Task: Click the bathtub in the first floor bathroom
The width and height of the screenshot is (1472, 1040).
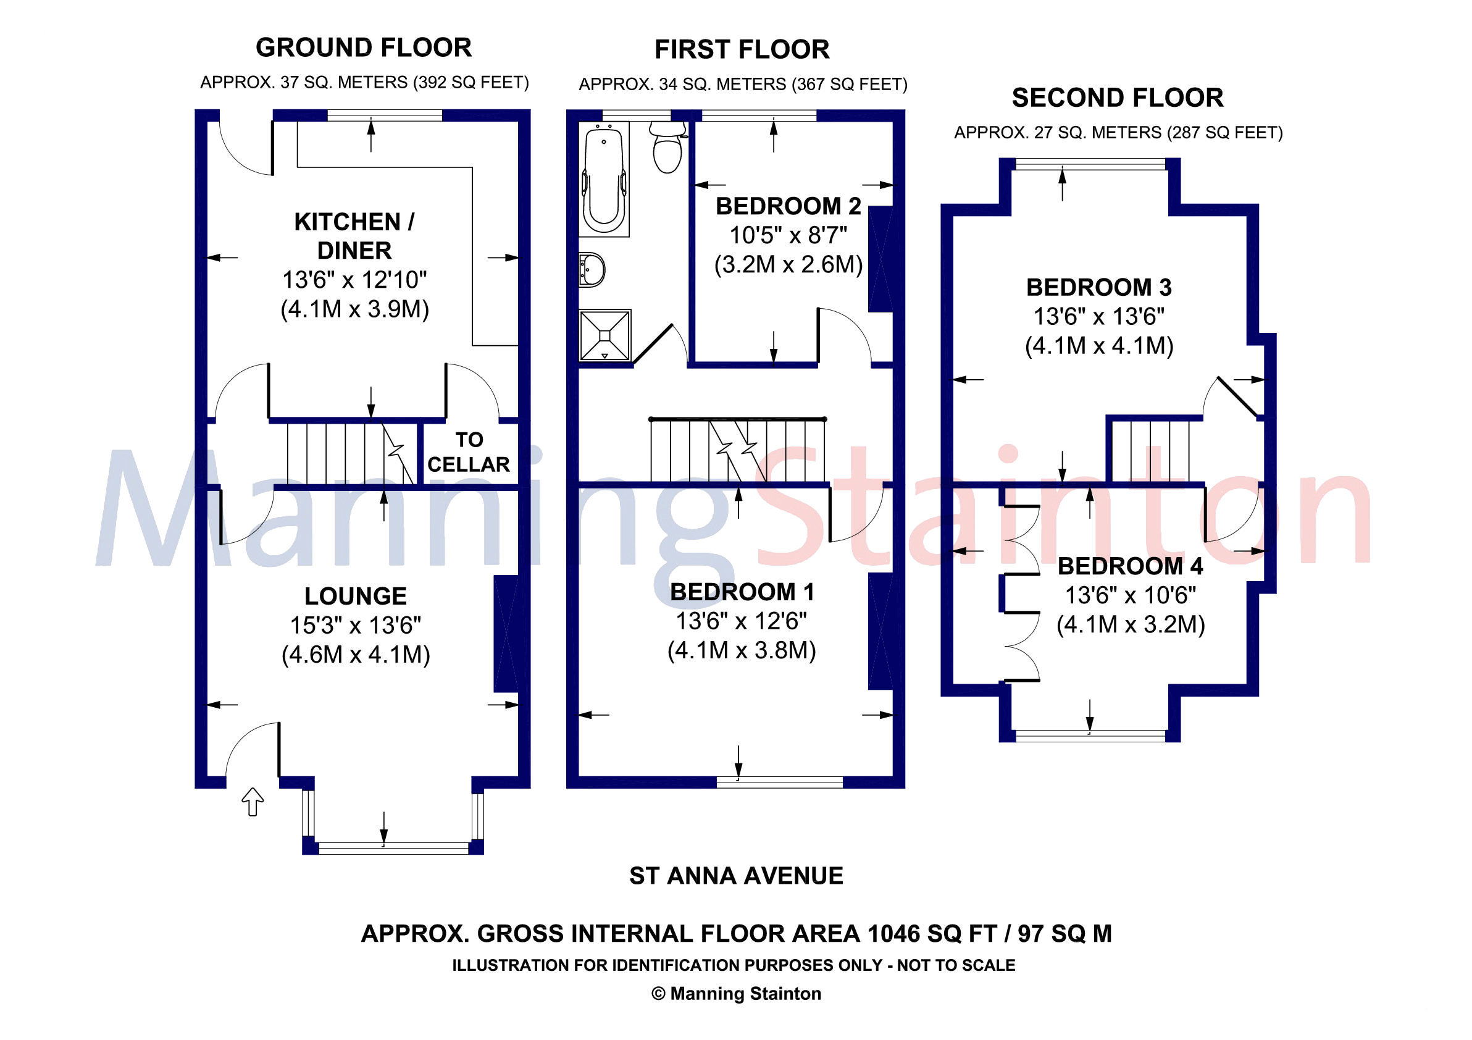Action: click(603, 180)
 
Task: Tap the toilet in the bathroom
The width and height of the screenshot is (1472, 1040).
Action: click(667, 149)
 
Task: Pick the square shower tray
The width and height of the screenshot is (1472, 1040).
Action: click(604, 335)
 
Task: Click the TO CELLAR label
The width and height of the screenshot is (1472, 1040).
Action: click(469, 452)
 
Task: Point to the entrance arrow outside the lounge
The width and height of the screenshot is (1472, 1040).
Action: click(253, 802)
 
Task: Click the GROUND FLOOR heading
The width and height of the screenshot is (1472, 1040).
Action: click(364, 48)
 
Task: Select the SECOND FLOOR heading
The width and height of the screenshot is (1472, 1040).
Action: click(1118, 98)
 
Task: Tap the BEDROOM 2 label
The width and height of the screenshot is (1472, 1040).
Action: click(788, 206)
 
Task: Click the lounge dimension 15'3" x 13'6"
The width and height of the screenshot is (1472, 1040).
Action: click(355, 625)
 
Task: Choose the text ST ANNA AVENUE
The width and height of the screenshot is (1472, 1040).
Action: click(736, 876)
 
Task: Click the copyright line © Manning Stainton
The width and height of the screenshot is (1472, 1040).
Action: click(736, 994)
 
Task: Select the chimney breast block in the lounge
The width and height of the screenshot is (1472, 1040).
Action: click(506, 634)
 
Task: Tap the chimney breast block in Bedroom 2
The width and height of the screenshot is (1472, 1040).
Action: click(880, 259)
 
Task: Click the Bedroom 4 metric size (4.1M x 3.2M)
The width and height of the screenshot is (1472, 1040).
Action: click(1131, 624)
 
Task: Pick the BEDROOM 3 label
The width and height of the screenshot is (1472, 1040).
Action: click(1099, 287)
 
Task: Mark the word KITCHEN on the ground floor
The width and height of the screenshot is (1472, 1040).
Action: click(347, 222)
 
